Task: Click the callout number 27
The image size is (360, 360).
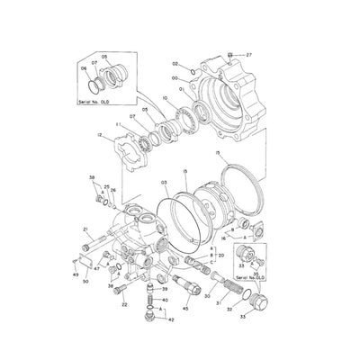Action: tap(249, 57)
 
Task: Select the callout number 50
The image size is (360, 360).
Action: tap(85, 282)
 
